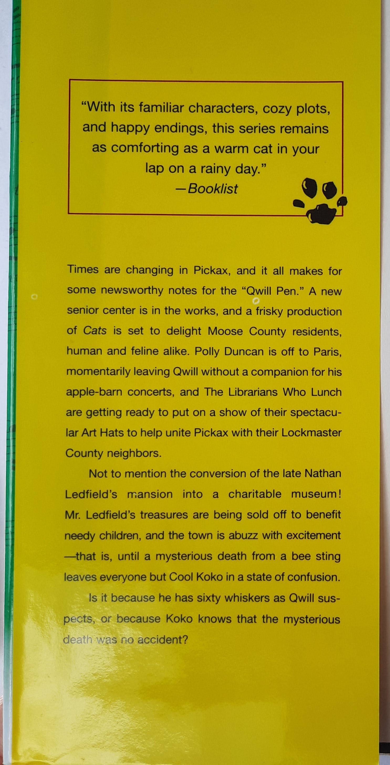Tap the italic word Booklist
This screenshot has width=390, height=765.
pos(213,189)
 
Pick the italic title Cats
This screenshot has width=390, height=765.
pos(95,331)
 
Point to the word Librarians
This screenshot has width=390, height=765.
pos(253,393)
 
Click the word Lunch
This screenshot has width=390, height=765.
pos(326,393)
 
